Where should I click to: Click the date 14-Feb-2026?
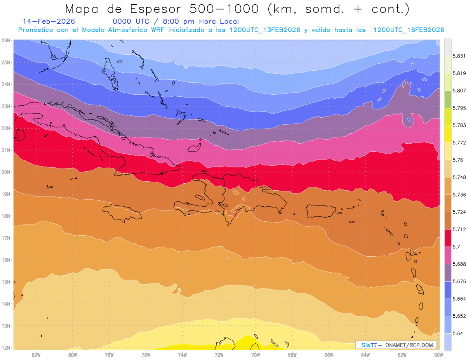[49, 21]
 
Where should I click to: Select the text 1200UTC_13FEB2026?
[265, 30]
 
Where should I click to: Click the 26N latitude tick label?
[6, 40]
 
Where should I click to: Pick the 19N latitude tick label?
[6, 194]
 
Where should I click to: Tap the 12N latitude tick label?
[6, 348]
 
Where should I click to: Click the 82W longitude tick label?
[36, 355]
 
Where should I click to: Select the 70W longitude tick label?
[256, 355]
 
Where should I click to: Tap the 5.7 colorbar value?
[456, 246]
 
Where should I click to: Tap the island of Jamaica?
[122, 213]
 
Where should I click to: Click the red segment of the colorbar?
[448, 237]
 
